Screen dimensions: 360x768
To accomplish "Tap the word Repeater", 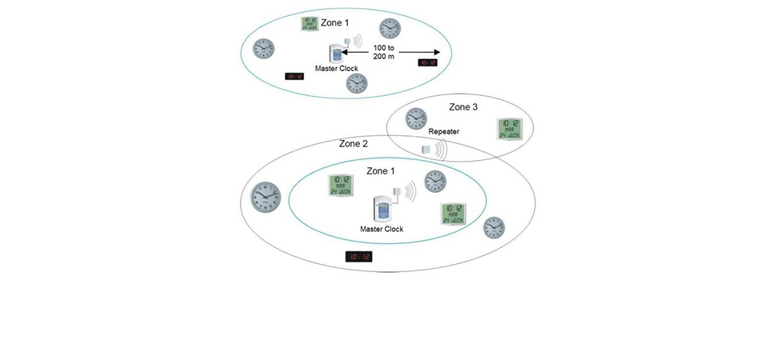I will point(443,132).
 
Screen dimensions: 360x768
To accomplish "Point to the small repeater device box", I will point(426,149).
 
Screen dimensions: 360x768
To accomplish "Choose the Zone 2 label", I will point(354,144).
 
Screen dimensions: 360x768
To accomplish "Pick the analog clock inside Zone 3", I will point(416,119).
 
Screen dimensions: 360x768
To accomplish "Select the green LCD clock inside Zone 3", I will point(507,129).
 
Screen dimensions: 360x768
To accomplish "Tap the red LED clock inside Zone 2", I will point(358,257).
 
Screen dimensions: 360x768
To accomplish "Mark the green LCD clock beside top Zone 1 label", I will point(309,24).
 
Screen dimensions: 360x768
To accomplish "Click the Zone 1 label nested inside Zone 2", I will point(381,171).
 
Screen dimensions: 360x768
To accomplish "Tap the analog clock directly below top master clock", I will point(358,84).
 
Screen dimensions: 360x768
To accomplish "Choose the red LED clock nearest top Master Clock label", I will point(294,77).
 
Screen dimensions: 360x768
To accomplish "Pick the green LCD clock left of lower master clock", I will point(341,185).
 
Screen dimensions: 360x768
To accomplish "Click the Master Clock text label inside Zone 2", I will point(382,229).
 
